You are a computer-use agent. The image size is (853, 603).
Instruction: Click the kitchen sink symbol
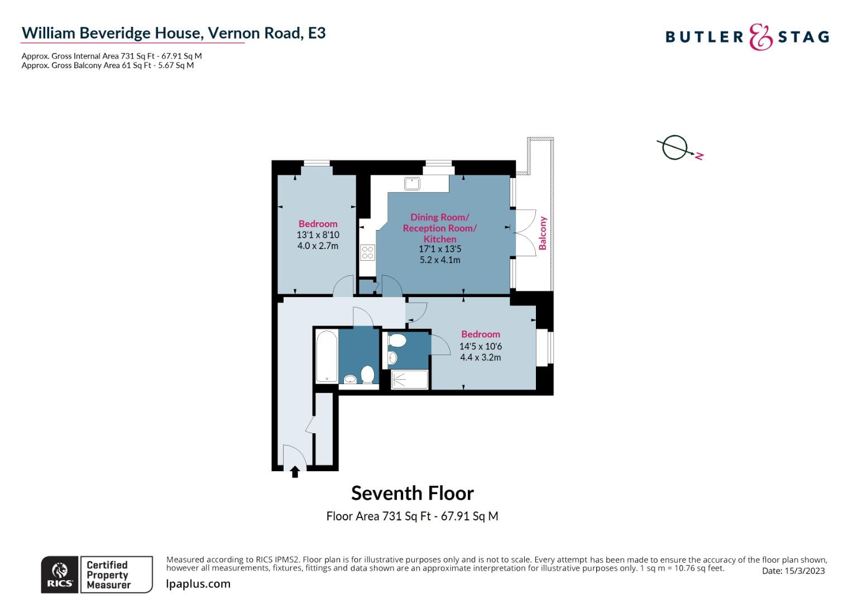[x=412, y=184]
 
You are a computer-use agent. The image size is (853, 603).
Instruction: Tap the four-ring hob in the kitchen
[x=368, y=252]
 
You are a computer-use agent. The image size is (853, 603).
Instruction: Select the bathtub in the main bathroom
[x=327, y=356]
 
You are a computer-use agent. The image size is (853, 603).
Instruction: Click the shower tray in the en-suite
[x=409, y=380]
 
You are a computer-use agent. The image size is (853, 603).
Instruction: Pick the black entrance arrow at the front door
[x=295, y=472]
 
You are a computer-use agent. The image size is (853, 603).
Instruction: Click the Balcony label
[x=543, y=233]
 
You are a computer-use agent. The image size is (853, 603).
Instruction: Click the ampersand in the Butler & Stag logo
[x=760, y=37]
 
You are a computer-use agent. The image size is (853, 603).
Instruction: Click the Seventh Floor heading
[x=413, y=494]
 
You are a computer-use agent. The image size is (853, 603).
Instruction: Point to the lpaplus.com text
[x=198, y=584]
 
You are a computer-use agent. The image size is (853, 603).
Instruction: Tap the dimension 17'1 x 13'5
[x=440, y=249]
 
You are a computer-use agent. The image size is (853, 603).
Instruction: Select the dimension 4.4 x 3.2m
[x=481, y=357]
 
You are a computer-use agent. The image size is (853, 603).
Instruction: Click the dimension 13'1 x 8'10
[x=318, y=234]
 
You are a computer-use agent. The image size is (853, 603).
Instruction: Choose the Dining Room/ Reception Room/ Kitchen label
[x=440, y=228]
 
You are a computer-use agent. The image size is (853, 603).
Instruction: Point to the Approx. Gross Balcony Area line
[x=108, y=65]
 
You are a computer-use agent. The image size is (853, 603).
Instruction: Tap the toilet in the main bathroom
[x=367, y=375]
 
